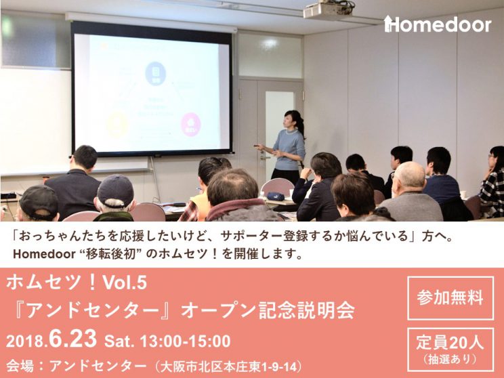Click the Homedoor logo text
(x=438, y=24)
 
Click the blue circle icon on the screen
(x=156, y=74)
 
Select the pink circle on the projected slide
(x=190, y=125)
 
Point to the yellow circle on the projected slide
(x=117, y=125)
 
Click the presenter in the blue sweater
(x=287, y=146)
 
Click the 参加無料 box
(x=450, y=298)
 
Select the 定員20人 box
(x=450, y=350)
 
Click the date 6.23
(x=73, y=339)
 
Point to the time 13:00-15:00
(x=185, y=341)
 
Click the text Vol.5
(x=125, y=283)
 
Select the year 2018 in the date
(x=25, y=341)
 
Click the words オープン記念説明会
(x=268, y=310)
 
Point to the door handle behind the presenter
(x=265, y=158)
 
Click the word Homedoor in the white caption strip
(x=44, y=254)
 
